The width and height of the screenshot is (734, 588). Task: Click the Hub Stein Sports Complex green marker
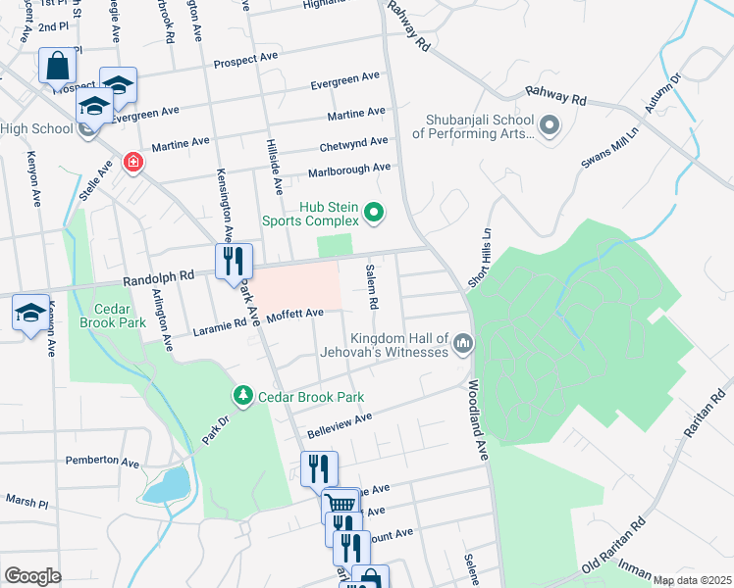pyautogui.click(x=373, y=211)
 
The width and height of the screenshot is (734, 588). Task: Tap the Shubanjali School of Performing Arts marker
pyautogui.click(x=549, y=125)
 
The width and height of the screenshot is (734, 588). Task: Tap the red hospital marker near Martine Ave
pyautogui.click(x=131, y=162)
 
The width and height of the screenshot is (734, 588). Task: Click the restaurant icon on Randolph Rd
pyautogui.click(x=234, y=261)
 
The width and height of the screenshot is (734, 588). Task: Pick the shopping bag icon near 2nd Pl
pyautogui.click(x=57, y=67)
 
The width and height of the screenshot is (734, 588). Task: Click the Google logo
pyautogui.click(x=32, y=575)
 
